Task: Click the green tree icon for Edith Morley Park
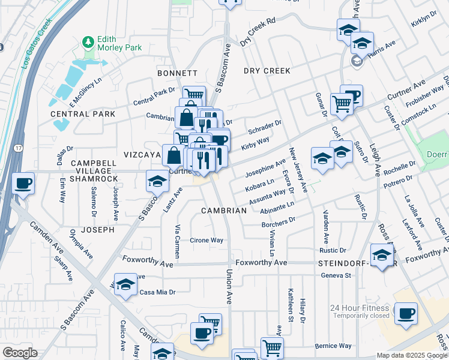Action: pos(89,41)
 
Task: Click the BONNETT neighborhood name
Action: pos(177,73)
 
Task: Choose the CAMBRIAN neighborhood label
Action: pos(223,211)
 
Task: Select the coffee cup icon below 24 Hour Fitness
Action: pos(406,314)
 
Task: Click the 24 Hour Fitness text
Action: pos(360,308)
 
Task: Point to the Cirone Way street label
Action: pos(206,240)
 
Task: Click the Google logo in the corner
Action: pos(19,353)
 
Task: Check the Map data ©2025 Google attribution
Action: pos(412,355)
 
